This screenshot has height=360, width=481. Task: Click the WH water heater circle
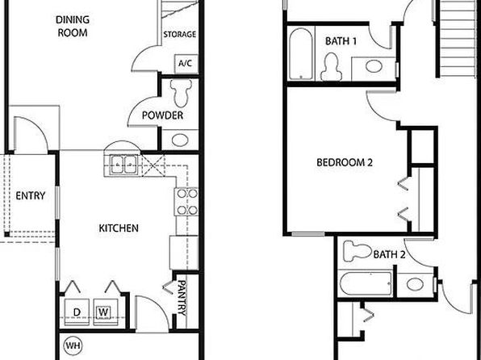pyautogui.click(x=73, y=346)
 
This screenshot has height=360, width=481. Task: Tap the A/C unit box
pyautogui.click(x=186, y=64)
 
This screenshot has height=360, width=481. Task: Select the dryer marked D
pyautogui.click(x=77, y=312)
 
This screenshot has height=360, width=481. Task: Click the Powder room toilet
pyautogui.click(x=181, y=93)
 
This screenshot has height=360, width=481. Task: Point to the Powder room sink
pyautogui.click(x=180, y=140)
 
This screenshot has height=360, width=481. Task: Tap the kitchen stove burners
pyautogui.click(x=186, y=202)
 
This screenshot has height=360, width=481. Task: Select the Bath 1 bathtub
pyautogui.click(x=301, y=54)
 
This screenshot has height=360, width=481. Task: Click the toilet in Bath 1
pyautogui.click(x=332, y=67)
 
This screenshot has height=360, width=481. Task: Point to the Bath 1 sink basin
pyautogui.click(x=374, y=66)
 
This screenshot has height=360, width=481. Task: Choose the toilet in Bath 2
pyautogui.click(x=358, y=251)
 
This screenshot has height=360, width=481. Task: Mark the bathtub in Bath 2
pyautogui.click(x=366, y=283)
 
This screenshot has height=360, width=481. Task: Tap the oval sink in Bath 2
pyautogui.click(x=415, y=284)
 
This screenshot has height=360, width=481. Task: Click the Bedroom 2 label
pyautogui.click(x=345, y=162)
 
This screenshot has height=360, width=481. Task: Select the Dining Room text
pyautogui.click(x=73, y=27)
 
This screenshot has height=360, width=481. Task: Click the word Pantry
pyautogui.click(x=182, y=298)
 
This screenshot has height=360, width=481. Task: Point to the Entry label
pyautogui.click(x=31, y=196)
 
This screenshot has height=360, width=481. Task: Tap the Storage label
pyautogui.click(x=179, y=34)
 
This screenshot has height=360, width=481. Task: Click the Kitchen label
pyautogui.click(x=119, y=228)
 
